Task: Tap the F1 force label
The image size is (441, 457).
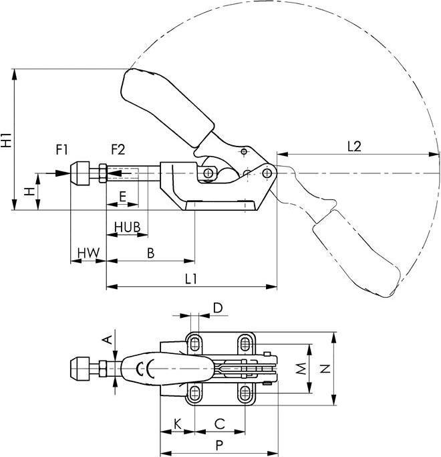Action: [61, 149]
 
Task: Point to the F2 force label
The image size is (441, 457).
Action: [118, 149]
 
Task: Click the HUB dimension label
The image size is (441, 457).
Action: [126, 227]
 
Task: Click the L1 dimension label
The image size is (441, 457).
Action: [190, 278]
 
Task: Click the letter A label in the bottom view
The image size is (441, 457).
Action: [106, 340]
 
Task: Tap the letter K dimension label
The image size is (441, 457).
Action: [177, 424]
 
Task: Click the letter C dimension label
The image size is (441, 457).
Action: [219, 424]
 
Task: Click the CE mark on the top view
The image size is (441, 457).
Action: [145, 368]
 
